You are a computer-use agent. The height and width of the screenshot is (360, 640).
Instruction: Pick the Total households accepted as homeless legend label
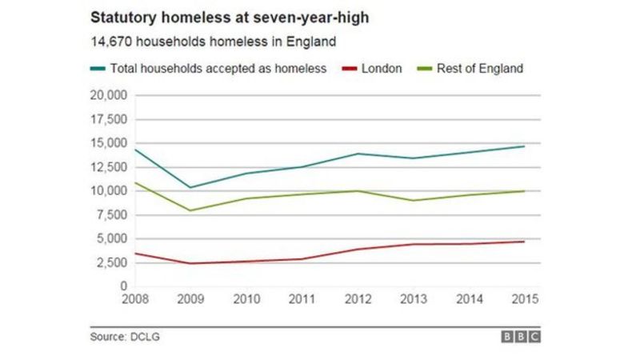(218, 69)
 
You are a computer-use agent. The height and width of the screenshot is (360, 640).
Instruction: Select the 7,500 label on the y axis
(111, 214)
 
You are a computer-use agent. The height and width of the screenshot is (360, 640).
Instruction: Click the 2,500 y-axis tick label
(111, 262)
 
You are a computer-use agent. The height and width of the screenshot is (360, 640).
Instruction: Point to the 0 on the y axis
(123, 286)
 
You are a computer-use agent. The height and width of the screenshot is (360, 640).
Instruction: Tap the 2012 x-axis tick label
(358, 300)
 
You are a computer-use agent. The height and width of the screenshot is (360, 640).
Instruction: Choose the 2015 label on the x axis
(524, 300)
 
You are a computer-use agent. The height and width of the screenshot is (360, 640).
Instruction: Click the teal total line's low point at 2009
(191, 187)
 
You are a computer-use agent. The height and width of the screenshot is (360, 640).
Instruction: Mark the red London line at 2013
(413, 244)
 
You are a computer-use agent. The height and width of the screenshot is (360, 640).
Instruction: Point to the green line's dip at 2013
(413, 200)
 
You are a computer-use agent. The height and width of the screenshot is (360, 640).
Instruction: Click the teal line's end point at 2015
(524, 146)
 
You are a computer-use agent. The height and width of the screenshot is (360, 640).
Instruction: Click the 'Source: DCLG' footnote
(125, 337)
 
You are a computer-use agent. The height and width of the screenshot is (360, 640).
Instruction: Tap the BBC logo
(521, 337)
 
